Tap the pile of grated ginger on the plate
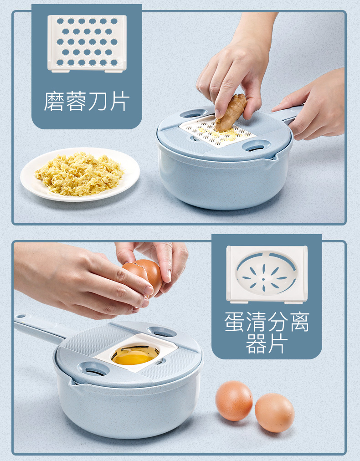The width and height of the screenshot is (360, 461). pyautogui.click(x=79, y=174)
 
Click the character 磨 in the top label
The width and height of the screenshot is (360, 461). pyautogui.click(x=54, y=102)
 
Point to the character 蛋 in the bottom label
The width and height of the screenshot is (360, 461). pyautogui.click(x=234, y=322)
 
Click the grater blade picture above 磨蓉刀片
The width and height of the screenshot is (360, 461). pyautogui.click(x=87, y=44)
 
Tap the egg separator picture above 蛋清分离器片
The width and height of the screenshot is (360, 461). pyautogui.click(x=267, y=274)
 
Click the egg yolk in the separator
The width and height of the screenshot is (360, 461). pyautogui.click(x=135, y=356)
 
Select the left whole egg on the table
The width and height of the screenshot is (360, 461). pyautogui.click(x=234, y=400)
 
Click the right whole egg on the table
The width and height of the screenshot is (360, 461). pyautogui.click(x=274, y=413)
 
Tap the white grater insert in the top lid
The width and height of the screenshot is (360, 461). pyautogui.click(x=217, y=131)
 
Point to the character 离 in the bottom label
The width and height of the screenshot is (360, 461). pyautogui.click(x=299, y=322)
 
